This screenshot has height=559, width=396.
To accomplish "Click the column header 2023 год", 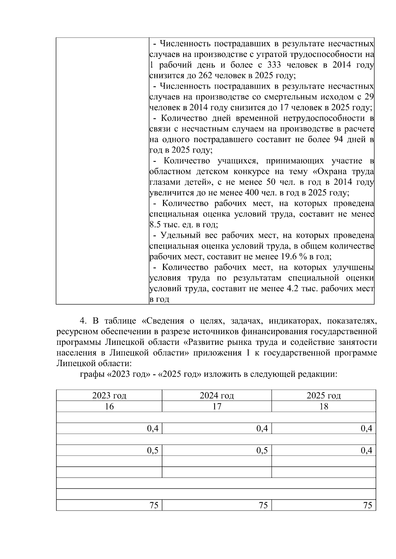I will click(109, 396).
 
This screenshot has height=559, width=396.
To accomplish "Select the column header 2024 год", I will click(216, 396).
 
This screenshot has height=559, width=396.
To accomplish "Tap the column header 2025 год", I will click(323, 396).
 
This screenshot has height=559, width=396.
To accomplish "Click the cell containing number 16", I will click(109, 406).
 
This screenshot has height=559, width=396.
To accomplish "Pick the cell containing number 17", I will click(216, 406).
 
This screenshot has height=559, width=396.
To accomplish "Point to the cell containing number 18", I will click(324, 406).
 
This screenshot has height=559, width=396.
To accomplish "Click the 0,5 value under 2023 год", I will click(152, 450).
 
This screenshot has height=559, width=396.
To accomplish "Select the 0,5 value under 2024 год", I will click(262, 450).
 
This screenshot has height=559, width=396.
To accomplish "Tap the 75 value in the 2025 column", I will click(367, 505).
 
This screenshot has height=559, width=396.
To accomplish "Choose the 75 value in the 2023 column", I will click(154, 505).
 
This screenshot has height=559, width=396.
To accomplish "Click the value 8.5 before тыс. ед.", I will click(155, 225).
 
